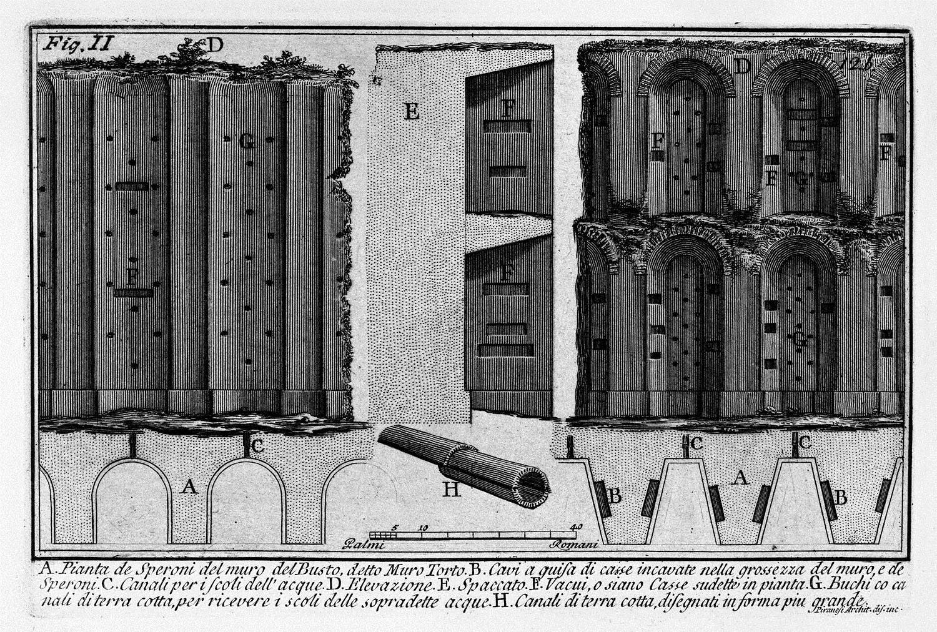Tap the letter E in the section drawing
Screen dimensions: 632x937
pyautogui.click(x=412, y=112)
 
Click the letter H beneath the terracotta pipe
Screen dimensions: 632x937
pyautogui.click(x=451, y=489)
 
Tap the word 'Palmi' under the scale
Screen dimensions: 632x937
pyautogui.click(x=364, y=545)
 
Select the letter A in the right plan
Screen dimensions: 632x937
pyautogui.click(x=740, y=478)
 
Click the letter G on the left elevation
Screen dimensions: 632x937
pyautogui.click(x=247, y=142)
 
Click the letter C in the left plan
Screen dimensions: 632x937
pyautogui.click(x=257, y=446)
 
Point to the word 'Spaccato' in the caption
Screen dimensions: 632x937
pyautogui.click(x=487, y=586)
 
